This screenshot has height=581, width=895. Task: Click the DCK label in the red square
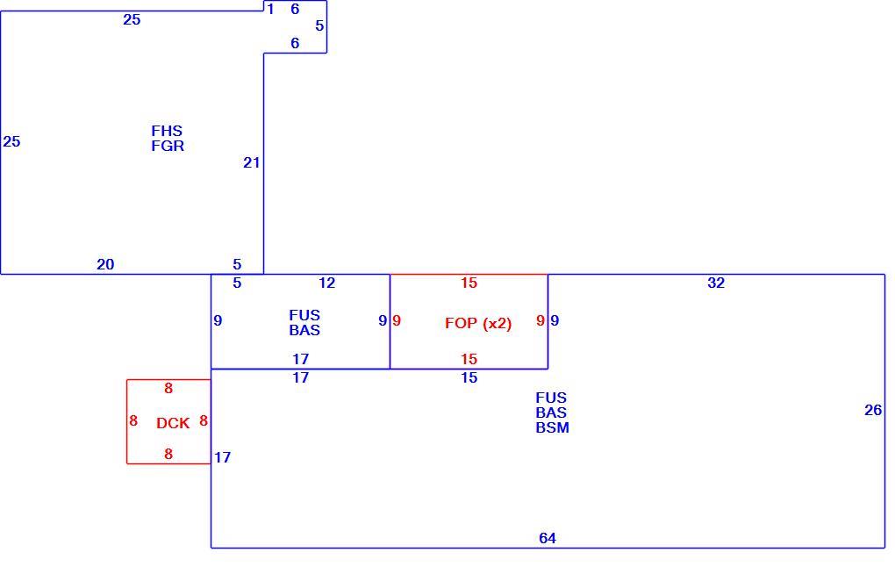[x=173, y=423]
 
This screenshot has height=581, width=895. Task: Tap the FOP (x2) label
[x=478, y=324]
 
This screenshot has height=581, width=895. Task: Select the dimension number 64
[x=548, y=538]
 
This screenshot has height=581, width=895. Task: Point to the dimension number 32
[x=716, y=283]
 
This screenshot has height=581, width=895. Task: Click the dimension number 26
[x=873, y=410]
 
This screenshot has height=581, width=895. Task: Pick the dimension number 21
[x=252, y=162]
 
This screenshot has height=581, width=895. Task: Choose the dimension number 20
[x=105, y=264]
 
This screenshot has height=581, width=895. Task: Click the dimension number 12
[x=327, y=283]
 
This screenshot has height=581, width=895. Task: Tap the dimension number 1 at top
[x=270, y=9]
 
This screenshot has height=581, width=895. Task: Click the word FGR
[x=168, y=146]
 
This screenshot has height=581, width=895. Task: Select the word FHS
[x=168, y=131]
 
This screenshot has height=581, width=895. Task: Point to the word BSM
[x=553, y=427]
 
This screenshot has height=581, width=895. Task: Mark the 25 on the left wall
[x=11, y=141]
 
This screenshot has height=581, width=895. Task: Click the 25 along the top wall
[x=132, y=19]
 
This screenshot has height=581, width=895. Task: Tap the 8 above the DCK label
[x=168, y=388]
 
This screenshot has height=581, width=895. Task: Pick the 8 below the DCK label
[x=168, y=454]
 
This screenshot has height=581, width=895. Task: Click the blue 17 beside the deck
[x=223, y=457]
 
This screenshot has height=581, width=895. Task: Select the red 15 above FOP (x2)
[x=469, y=283]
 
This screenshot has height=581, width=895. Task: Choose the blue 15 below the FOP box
[x=469, y=377]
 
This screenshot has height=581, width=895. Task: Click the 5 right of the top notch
[x=319, y=25]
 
